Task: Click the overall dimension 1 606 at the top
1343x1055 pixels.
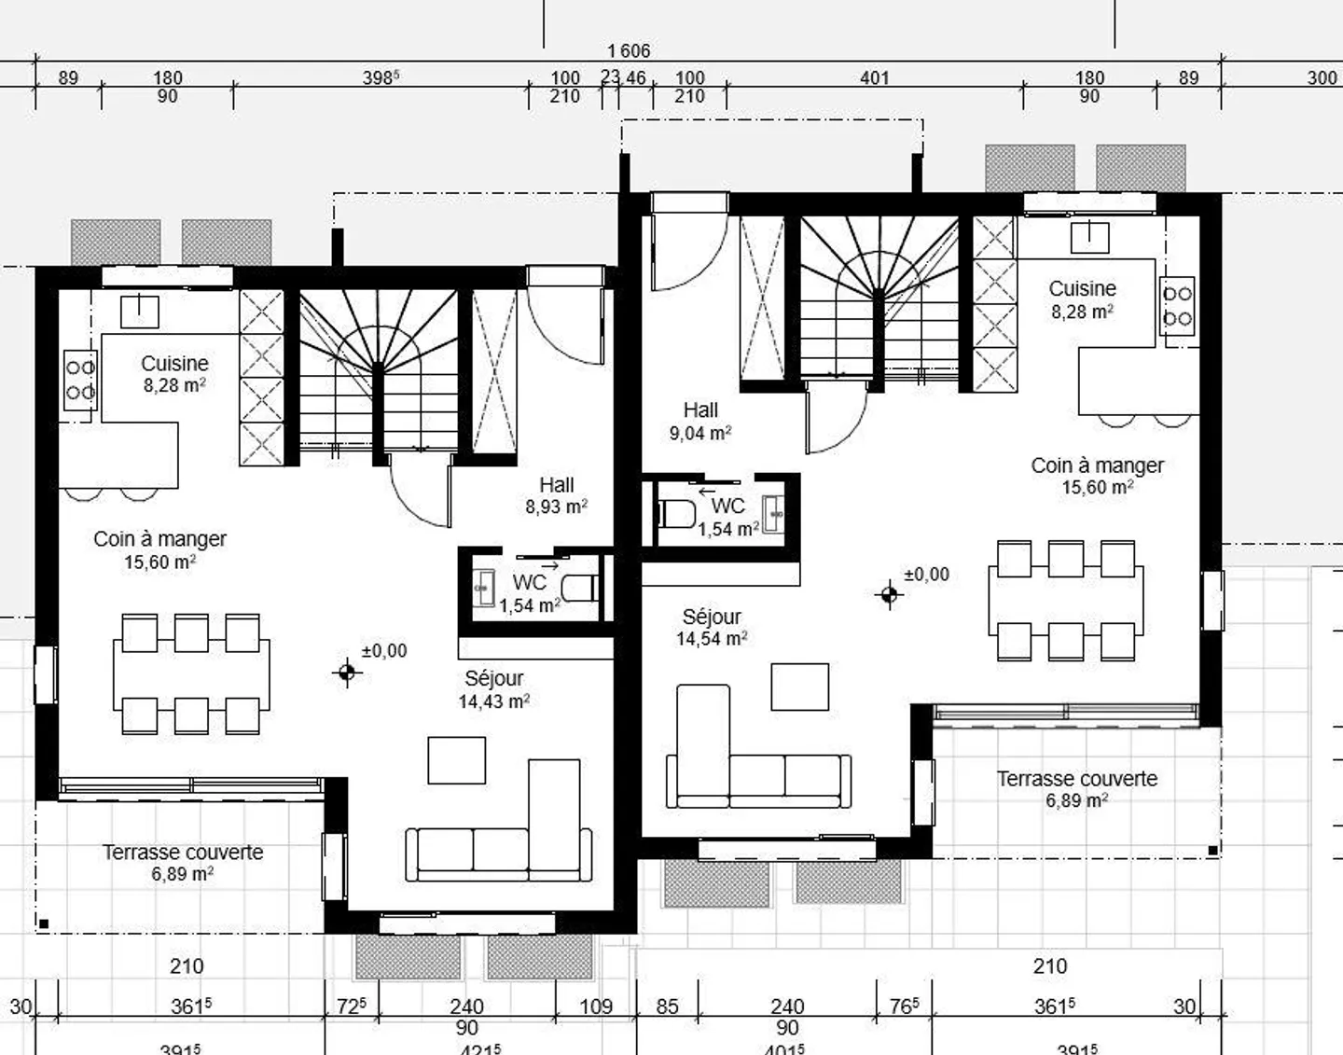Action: [x=628, y=50]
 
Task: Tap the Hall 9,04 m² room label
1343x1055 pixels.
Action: [x=699, y=422]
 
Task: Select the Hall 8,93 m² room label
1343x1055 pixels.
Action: [x=556, y=495]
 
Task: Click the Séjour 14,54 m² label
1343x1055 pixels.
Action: [x=712, y=628]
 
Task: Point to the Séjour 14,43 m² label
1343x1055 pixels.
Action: [x=493, y=689]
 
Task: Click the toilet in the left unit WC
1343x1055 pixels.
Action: [x=580, y=588]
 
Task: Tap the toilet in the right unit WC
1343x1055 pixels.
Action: [x=676, y=513]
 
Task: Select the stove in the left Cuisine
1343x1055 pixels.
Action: [x=80, y=379]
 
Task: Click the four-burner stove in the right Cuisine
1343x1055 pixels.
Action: [x=1177, y=305]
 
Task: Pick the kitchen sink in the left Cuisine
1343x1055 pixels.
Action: [x=139, y=311]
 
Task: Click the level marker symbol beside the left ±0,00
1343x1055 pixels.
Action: [x=347, y=672]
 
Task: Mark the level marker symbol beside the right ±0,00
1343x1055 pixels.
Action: [x=889, y=594]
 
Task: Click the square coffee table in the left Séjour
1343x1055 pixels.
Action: [x=456, y=759]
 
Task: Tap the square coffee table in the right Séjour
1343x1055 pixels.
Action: [x=799, y=687]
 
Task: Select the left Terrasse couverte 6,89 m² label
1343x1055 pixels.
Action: [x=183, y=863]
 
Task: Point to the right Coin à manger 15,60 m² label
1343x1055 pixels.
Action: [x=1097, y=476]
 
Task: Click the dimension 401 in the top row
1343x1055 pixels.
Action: [x=874, y=78]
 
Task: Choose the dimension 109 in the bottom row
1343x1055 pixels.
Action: [x=595, y=1006]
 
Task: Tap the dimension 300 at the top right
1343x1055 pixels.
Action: [x=1321, y=78]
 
